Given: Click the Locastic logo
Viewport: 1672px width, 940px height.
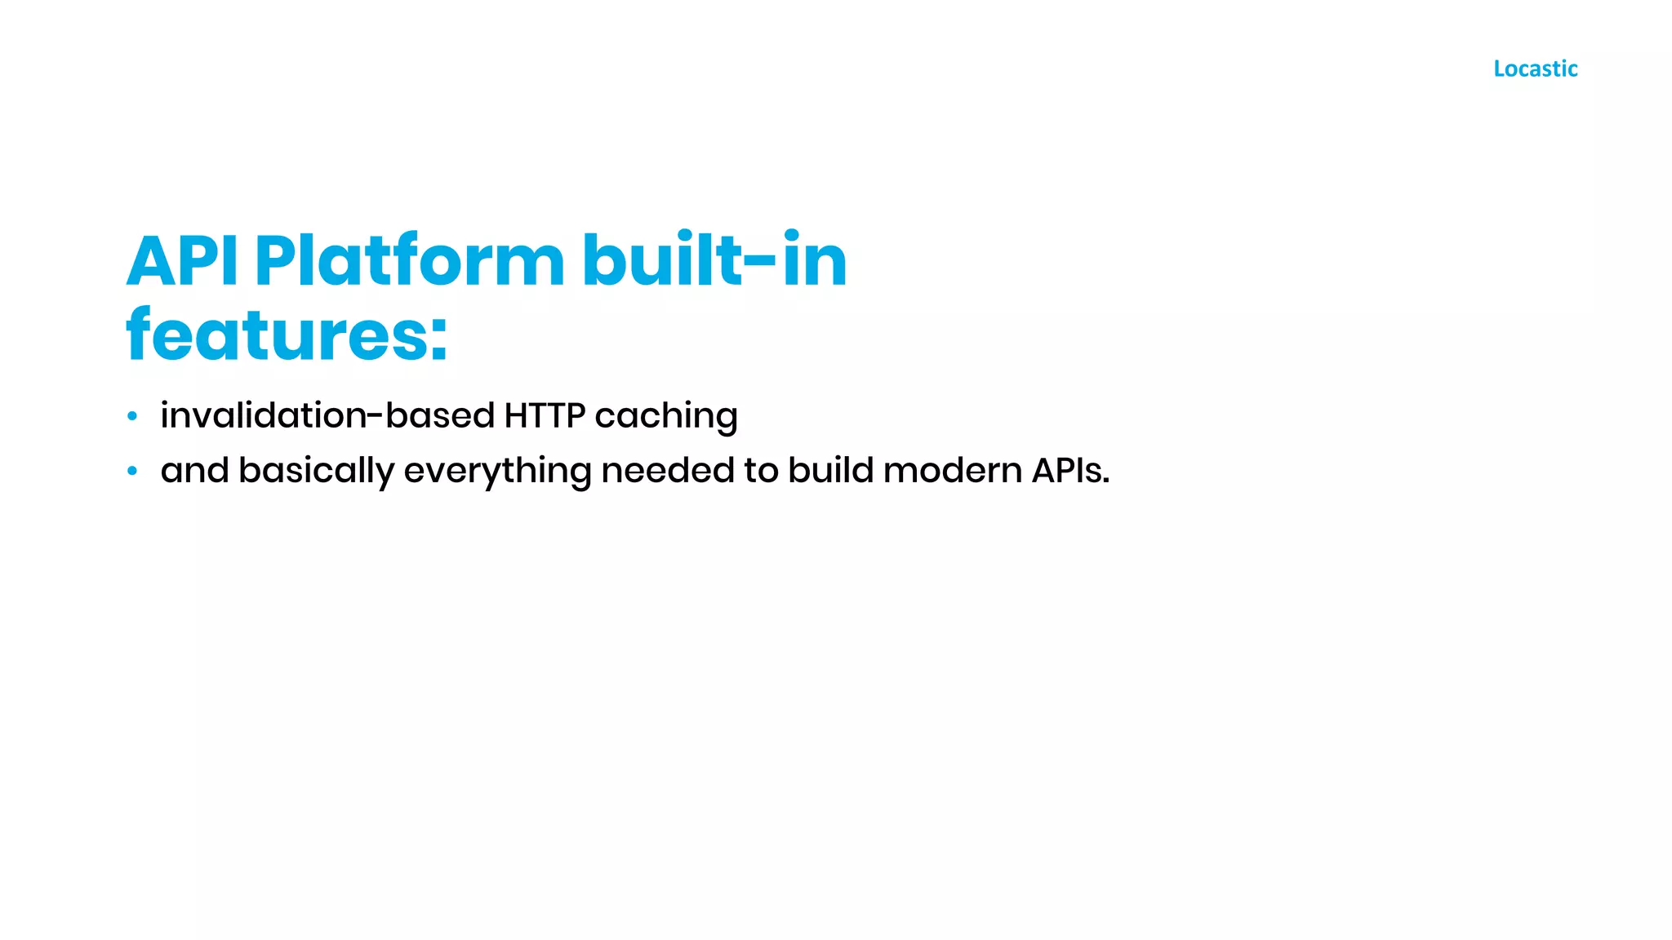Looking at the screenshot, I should click(x=1535, y=69).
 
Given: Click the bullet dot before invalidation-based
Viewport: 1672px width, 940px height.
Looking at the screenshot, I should click(x=132, y=417).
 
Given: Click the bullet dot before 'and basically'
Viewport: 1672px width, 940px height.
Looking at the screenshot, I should click(x=132, y=471).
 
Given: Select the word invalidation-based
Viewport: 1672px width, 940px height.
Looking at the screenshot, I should click(x=327, y=415).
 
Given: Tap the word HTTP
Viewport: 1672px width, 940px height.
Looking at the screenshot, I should click(x=545, y=415).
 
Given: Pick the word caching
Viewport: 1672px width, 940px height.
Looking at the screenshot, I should click(x=666, y=417).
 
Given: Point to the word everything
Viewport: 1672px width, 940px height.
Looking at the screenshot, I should click(x=497, y=472).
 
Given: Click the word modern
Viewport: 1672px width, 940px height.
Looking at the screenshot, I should click(x=952, y=471).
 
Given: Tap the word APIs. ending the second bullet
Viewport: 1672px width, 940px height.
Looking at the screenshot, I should click(x=1070, y=471).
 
